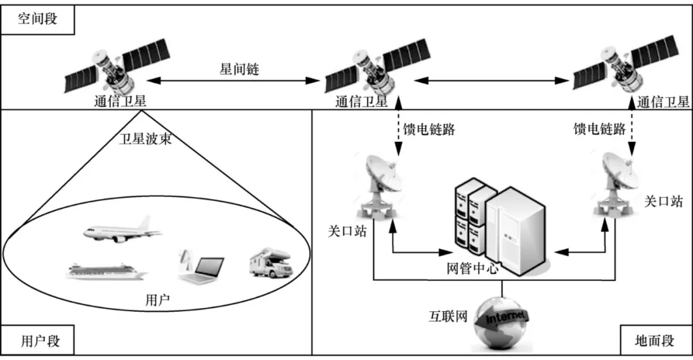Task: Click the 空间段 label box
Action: tap(37, 19)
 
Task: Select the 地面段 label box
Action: tap(654, 340)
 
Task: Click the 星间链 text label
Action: tap(239, 70)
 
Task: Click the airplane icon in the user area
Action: tap(122, 230)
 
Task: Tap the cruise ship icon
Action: tap(106, 271)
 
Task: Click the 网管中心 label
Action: tap(470, 268)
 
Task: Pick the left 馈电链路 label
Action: tap(429, 130)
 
